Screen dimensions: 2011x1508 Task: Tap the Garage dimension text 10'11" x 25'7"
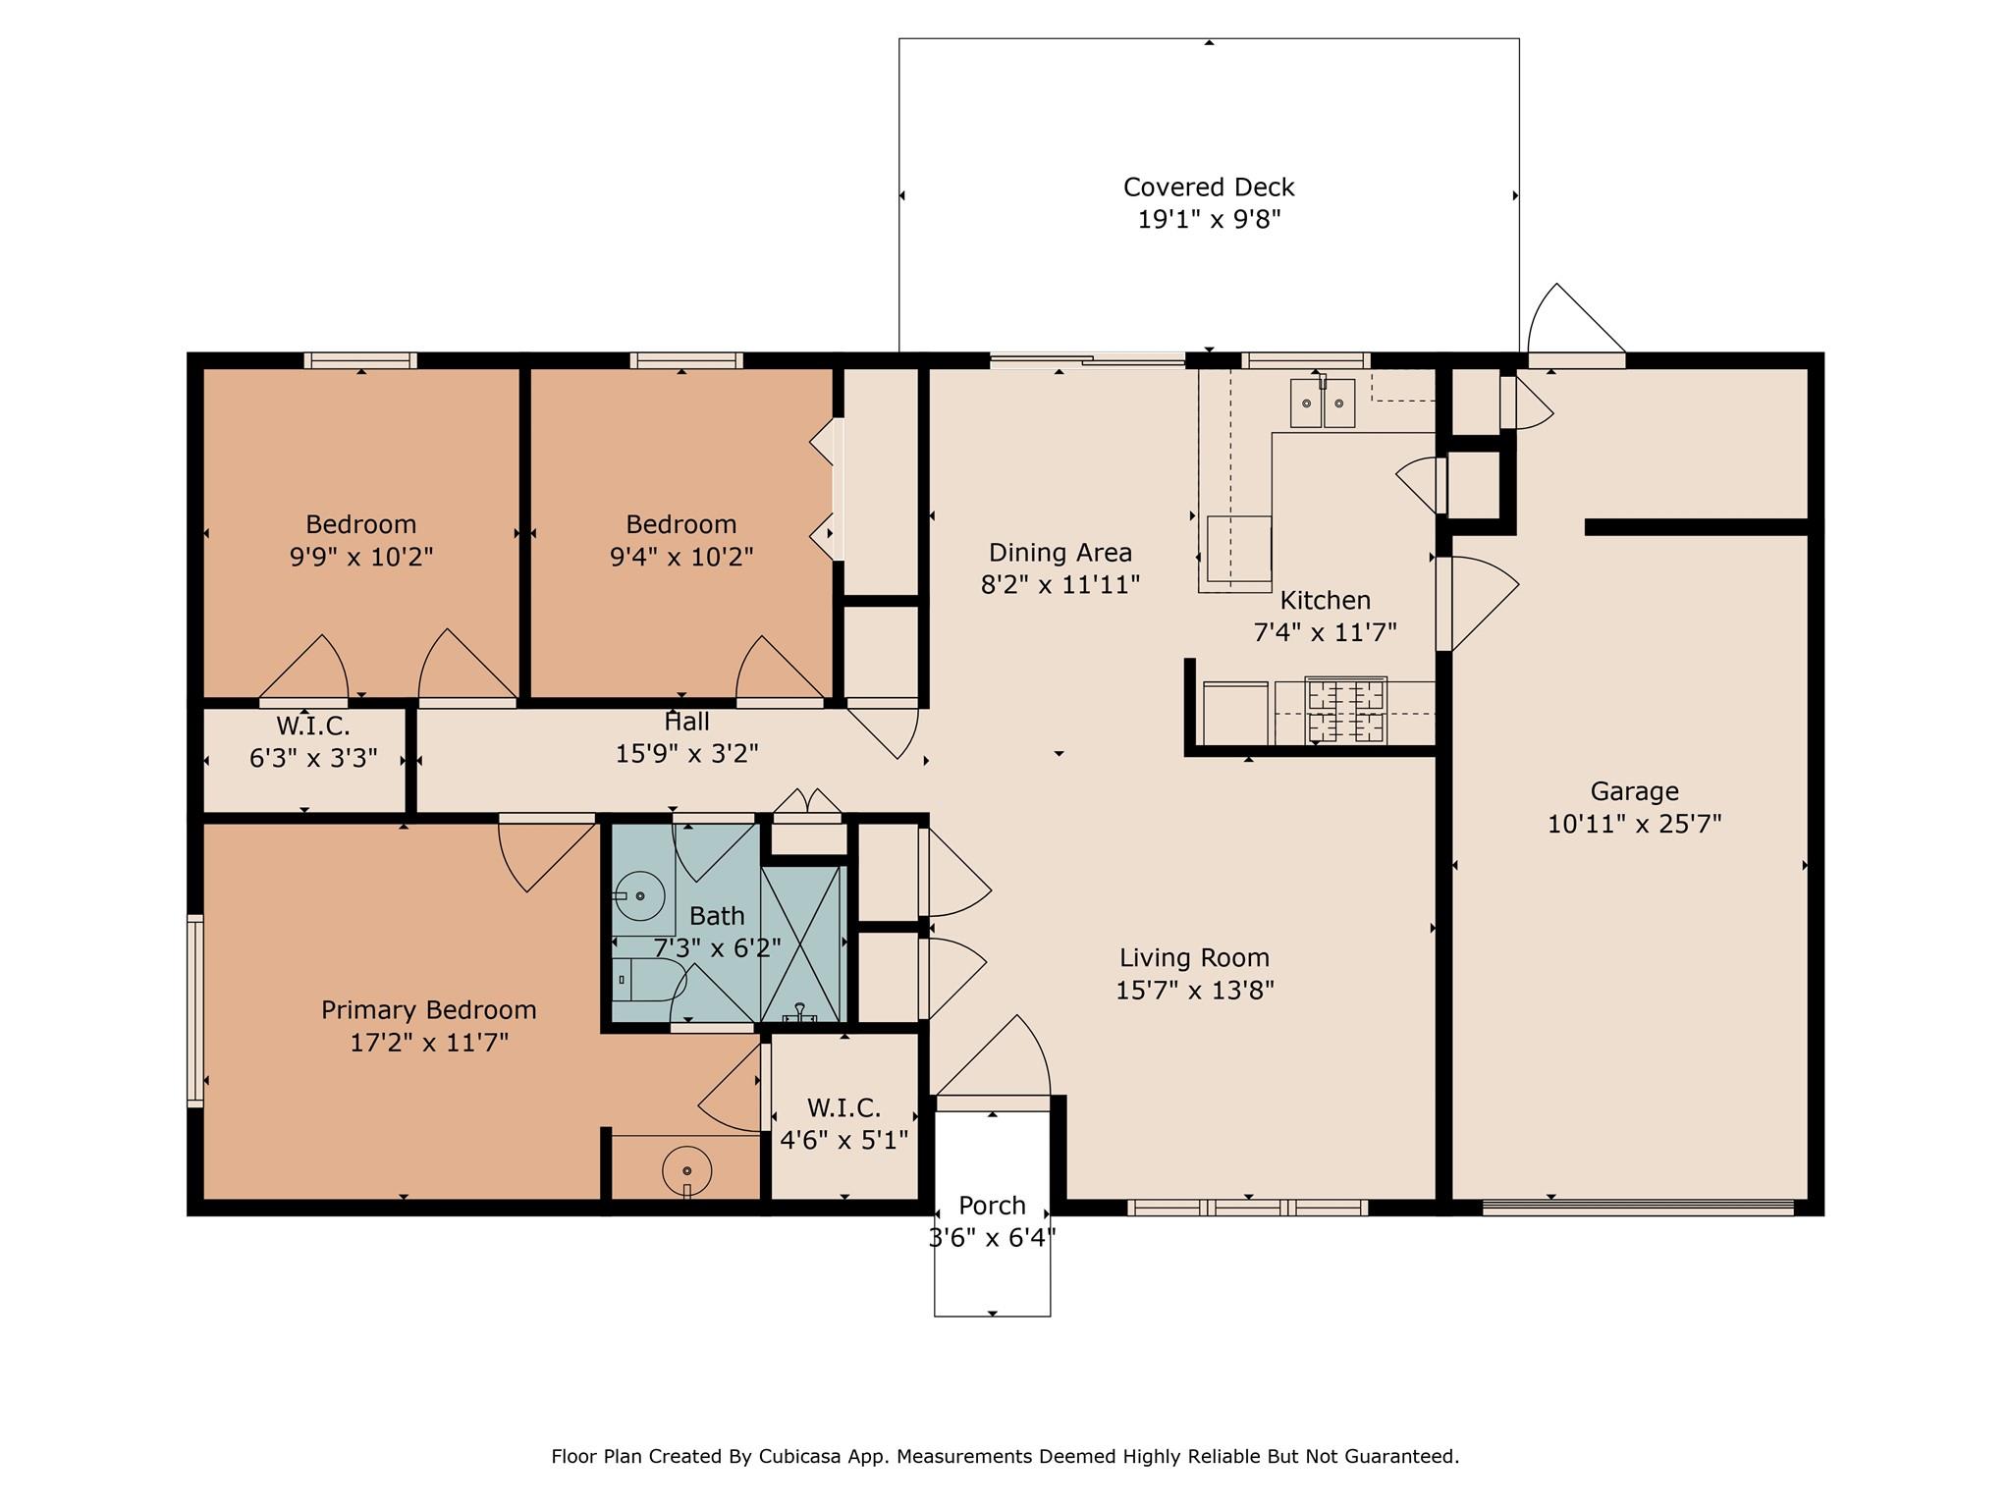[1634, 824]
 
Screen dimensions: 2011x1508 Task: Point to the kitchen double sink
[1322, 404]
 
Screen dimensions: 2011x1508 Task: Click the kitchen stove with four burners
[1345, 711]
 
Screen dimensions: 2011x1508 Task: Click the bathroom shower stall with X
[802, 943]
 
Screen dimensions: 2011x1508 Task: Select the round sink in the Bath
[639, 895]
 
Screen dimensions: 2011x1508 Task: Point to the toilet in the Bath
[649, 980]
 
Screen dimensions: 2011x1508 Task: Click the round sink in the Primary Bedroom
[686, 1170]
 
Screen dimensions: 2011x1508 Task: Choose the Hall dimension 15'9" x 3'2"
[686, 754]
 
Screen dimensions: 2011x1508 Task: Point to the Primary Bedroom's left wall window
[195, 1011]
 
